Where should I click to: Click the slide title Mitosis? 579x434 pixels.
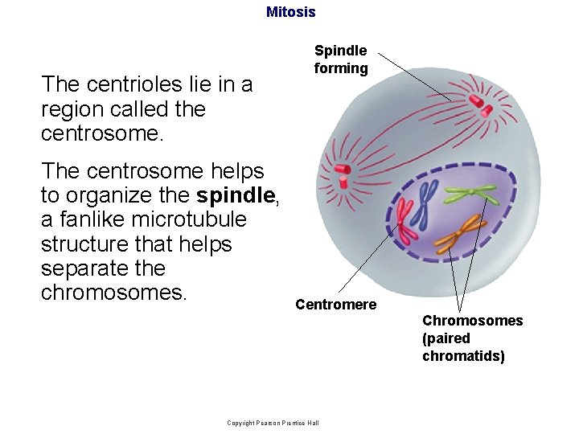[x=290, y=12]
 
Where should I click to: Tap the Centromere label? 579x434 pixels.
[x=335, y=305]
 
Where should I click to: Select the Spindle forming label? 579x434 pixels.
[x=341, y=59]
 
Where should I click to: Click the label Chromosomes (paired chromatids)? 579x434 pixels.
[x=472, y=338]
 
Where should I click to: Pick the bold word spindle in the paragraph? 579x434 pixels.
[x=236, y=195]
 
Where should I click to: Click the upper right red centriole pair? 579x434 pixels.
[x=479, y=102]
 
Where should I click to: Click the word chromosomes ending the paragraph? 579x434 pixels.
[x=113, y=292]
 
